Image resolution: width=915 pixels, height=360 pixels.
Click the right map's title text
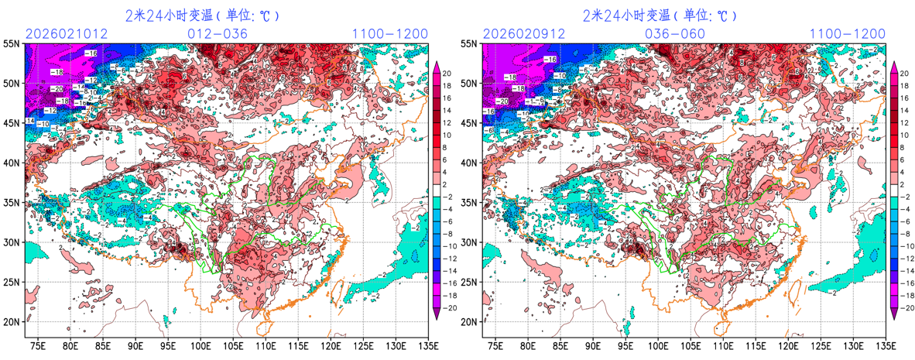659,15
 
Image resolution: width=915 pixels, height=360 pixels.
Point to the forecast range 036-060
675,34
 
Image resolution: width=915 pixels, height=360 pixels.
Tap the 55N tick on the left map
12,44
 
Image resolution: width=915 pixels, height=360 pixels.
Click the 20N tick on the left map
12,321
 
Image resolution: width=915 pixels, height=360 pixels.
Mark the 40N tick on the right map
469,163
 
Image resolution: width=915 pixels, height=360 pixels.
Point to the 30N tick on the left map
12,242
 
